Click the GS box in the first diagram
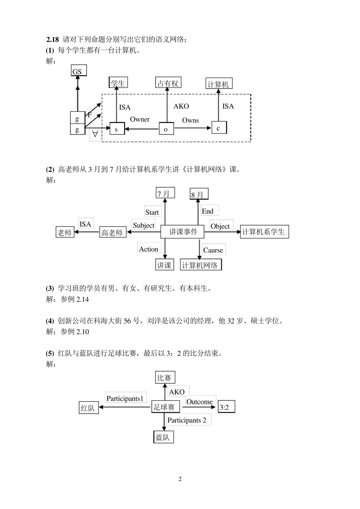coord(78,71)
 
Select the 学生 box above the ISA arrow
coord(118,83)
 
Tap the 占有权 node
coord(168,83)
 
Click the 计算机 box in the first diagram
coord(218,84)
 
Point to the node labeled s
coord(117,129)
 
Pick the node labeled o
coord(166,129)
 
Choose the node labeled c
coord(219,128)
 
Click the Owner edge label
coord(140,119)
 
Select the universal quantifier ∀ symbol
coord(95,134)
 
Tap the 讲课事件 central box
coord(183,232)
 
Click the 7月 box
coord(165,193)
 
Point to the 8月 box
coord(198,194)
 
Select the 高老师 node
coord(112,233)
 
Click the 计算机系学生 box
coord(264,232)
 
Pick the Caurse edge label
coord(213,250)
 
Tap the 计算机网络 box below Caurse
coord(200,265)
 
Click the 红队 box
coord(88,408)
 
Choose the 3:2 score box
coord(226,407)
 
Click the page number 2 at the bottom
coord(180,479)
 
